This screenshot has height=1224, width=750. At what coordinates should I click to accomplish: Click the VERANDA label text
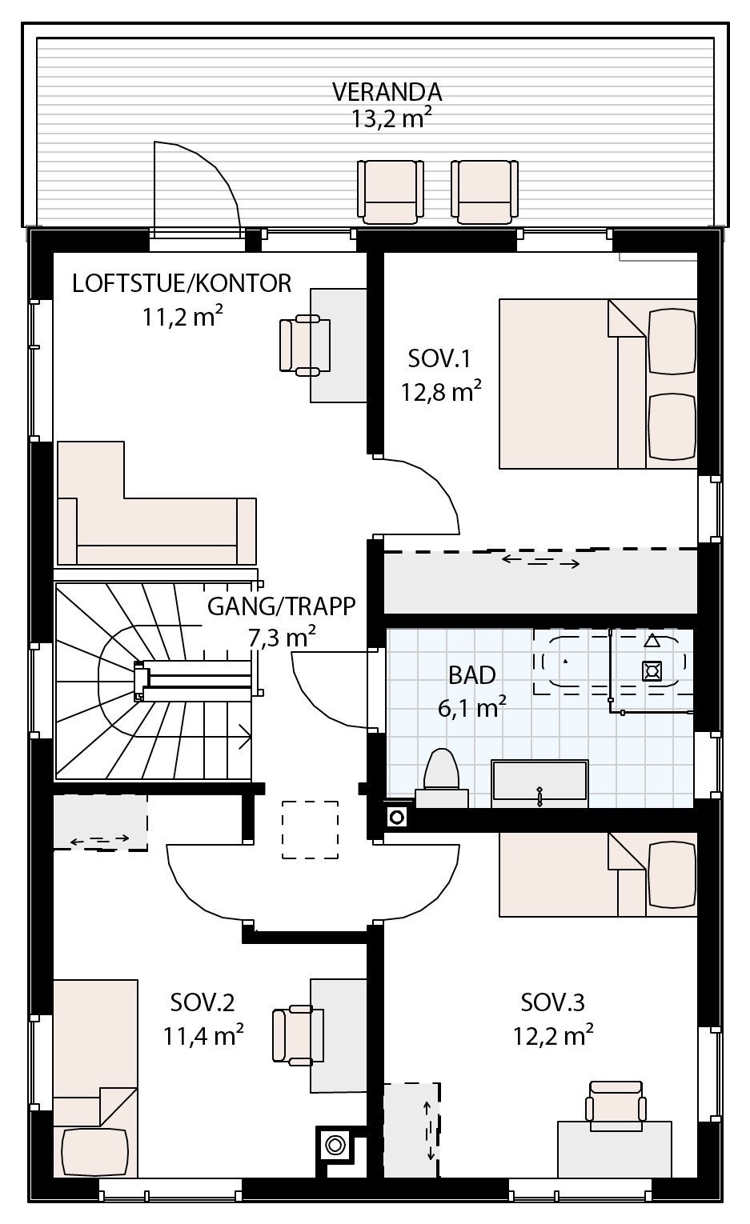[387, 92]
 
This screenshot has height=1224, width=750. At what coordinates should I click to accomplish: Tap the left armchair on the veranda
[391, 191]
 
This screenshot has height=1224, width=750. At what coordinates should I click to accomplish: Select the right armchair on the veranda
[484, 191]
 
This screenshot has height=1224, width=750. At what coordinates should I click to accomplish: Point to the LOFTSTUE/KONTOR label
[182, 283]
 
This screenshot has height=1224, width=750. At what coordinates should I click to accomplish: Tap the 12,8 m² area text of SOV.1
[441, 392]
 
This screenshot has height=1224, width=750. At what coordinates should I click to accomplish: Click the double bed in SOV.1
[596, 383]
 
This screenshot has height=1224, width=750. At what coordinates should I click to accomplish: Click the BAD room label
[471, 675]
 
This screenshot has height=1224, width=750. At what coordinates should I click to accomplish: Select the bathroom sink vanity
[539, 780]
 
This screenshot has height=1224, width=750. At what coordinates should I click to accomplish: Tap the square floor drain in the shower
[652, 671]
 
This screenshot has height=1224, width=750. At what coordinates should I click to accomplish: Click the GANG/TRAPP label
[281, 606]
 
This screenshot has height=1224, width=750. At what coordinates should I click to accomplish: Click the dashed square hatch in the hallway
[310, 830]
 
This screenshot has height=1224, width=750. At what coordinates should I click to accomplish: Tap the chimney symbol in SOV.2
[335, 1146]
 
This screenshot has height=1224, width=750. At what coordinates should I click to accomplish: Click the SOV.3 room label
[552, 1002]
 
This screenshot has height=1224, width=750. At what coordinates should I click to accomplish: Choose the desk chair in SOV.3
[615, 1105]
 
